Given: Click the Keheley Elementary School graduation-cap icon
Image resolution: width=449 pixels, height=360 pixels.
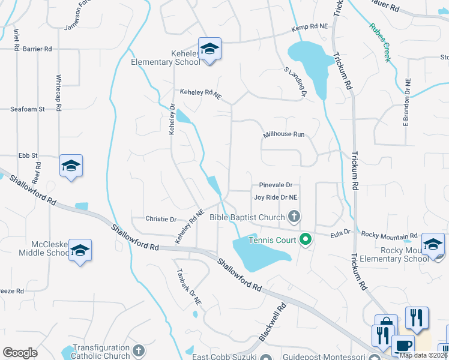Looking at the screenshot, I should (209, 48).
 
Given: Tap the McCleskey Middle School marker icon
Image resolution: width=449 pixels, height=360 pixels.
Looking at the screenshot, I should (80, 250).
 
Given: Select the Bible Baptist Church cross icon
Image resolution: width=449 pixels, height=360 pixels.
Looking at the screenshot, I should (294, 215).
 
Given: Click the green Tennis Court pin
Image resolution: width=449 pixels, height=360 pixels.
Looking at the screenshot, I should (305, 240).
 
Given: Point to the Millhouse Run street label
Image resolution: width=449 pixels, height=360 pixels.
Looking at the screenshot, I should (283, 135).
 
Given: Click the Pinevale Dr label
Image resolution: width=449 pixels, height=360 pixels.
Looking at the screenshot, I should (276, 185).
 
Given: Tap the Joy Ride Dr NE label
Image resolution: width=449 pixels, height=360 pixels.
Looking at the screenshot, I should (276, 197).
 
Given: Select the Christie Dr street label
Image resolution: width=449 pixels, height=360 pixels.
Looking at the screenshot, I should (161, 220).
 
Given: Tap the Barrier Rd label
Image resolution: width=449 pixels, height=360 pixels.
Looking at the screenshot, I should (38, 49).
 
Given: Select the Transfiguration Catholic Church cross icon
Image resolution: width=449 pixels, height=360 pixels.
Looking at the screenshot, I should (138, 350).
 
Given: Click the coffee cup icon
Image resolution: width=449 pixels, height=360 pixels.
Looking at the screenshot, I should (402, 346).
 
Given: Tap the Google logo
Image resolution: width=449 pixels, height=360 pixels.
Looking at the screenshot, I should (20, 353).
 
